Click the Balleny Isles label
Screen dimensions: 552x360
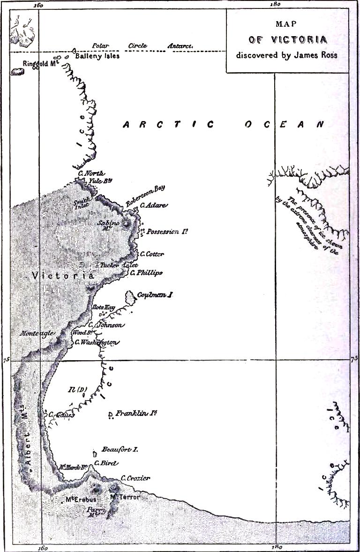(x=96, y=56)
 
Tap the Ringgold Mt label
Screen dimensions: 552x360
(x=40, y=63)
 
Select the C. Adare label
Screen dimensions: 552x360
(x=153, y=205)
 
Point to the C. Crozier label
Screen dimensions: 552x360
(x=135, y=478)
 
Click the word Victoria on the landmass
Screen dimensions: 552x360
(x=63, y=276)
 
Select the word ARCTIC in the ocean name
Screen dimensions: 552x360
(x=169, y=124)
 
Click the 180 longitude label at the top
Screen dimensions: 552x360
(x=275, y=5)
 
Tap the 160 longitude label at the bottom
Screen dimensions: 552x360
(x=41, y=547)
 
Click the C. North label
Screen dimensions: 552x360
(x=91, y=173)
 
